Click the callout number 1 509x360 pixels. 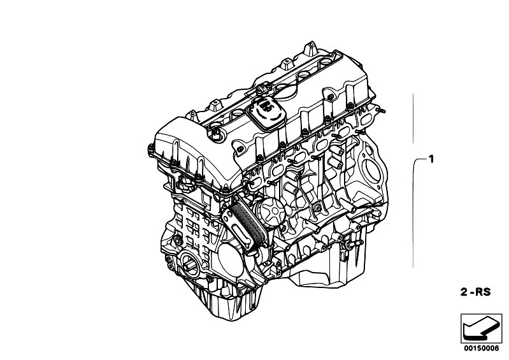click(431, 157)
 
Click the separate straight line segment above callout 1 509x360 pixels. click(414, 118)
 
